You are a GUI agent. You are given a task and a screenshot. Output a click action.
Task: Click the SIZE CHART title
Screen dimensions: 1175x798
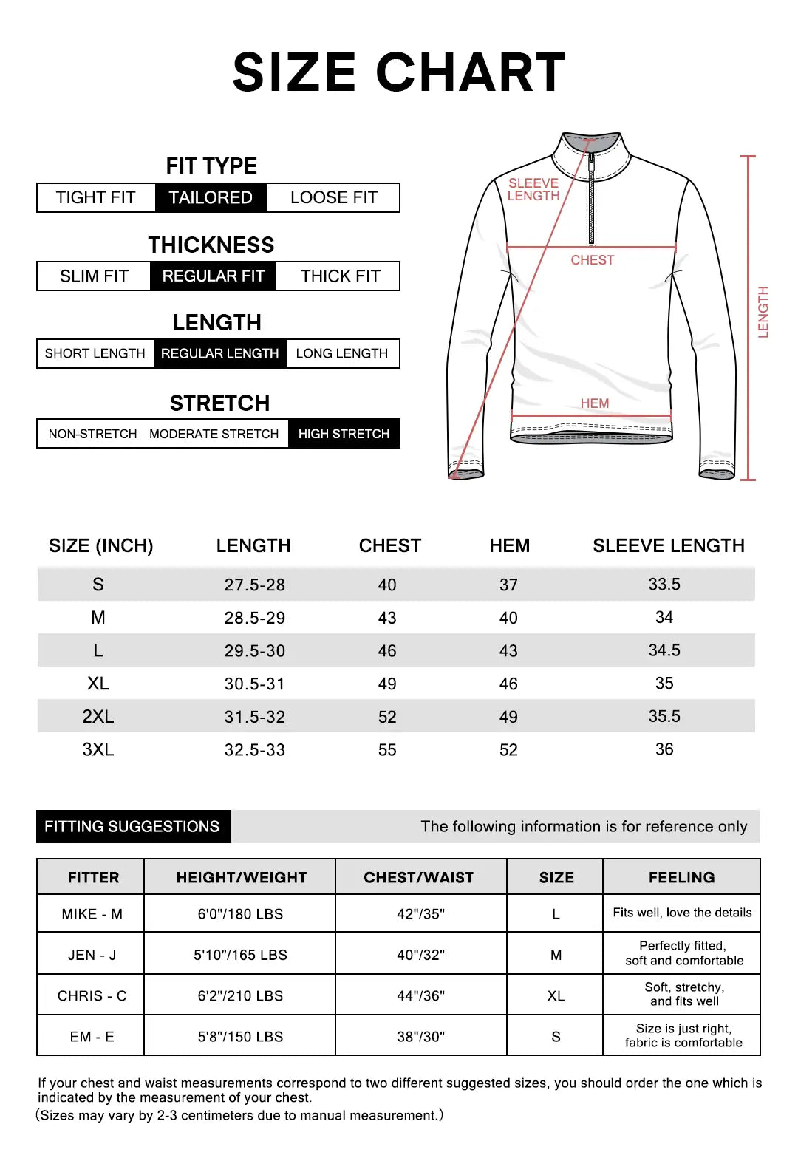[399, 72]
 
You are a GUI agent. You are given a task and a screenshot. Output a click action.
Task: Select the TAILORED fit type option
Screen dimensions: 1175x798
[211, 198]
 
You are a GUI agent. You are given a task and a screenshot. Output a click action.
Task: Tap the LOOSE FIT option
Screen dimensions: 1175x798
[333, 198]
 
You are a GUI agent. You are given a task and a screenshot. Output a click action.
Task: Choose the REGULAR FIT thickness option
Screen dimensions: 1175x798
[213, 276]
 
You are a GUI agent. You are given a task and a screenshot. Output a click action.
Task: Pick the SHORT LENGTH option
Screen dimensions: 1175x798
[95, 353]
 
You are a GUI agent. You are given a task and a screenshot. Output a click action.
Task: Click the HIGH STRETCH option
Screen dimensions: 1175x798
[344, 434]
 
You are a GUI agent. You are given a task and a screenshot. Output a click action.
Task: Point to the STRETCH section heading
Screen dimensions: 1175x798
[219, 403]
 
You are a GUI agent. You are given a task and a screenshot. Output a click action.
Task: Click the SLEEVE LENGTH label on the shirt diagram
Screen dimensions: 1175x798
[533, 189]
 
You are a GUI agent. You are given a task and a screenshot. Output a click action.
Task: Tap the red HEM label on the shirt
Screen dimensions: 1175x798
[595, 403]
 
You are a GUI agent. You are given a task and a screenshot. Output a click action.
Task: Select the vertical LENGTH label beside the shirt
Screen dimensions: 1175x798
[763, 312]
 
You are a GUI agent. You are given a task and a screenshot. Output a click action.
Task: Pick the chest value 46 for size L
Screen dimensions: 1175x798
[387, 651]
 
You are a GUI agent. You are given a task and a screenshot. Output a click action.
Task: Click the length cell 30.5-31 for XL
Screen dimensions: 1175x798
[254, 684]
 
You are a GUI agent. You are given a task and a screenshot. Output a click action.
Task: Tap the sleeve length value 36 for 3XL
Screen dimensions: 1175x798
[664, 749]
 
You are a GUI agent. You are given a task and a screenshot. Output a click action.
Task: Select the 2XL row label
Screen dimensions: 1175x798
[98, 717]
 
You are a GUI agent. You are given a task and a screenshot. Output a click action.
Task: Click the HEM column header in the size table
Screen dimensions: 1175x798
[509, 546]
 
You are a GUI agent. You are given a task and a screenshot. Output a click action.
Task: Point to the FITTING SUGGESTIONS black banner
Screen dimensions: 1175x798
[133, 827]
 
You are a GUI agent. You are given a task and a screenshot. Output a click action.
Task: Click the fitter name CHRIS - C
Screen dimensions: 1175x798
[92, 996]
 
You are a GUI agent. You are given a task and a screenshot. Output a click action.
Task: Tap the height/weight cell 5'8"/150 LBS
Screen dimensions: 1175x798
[240, 1037]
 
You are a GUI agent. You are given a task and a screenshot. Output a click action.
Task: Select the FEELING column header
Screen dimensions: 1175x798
[681, 878]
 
